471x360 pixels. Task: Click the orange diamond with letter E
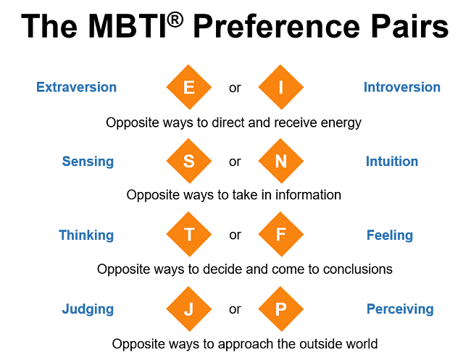coord(188,88)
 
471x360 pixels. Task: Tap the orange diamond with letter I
coord(280,88)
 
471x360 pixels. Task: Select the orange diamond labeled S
coord(188,162)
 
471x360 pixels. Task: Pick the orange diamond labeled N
coord(280,162)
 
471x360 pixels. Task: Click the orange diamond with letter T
coord(188,235)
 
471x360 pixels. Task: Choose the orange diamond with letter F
coord(280,235)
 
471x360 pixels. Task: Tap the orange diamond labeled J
coord(188,309)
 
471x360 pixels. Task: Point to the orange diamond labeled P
coord(280,309)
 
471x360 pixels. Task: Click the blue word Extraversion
coord(76,87)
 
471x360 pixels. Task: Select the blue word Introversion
coord(401,87)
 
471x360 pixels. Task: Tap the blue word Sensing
coord(88,162)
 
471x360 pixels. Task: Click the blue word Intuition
coord(391,162)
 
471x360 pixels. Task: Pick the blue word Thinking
coord(86,235)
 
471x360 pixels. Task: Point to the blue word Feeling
coord(389,235)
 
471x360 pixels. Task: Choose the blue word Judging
coord(88,309)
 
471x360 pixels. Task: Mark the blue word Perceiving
coord(400,309)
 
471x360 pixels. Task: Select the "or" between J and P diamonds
coord(235,309)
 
